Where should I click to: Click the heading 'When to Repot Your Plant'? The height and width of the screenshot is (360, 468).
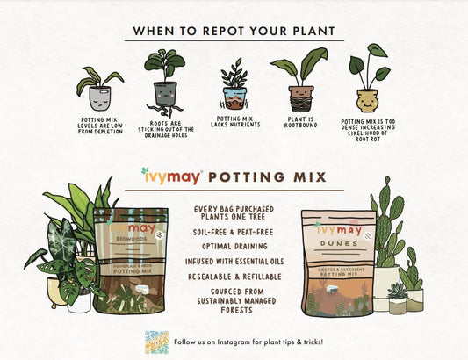[x=234, y=31]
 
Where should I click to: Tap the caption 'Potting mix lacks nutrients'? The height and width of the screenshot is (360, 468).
[x=234, y=124]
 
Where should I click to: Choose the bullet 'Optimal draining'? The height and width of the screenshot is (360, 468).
[x=233, y=247]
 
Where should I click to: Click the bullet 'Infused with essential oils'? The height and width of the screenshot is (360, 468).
[x=233, y=262]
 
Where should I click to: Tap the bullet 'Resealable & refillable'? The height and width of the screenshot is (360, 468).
[x=233, y=277]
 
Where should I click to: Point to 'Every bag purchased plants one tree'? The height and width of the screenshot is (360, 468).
[x=233, y=214]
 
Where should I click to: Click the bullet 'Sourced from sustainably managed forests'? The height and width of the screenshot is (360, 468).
[x=233, y=299]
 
